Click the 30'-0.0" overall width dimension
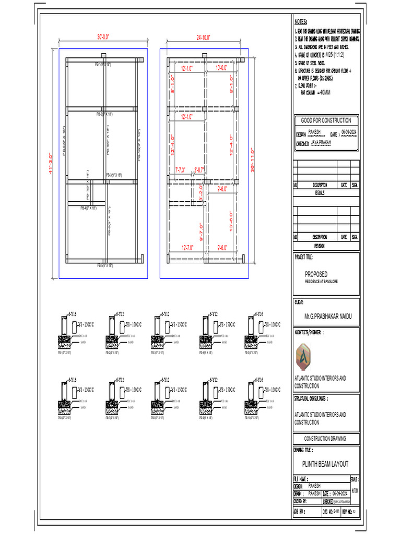tap(103, 37)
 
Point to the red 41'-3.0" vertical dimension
tap(51, 163)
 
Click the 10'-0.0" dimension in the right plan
tap(222, 68)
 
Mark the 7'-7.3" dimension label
tap(183, 169)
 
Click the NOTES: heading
tap(301, 22)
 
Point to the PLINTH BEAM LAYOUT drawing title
tap(325, 464)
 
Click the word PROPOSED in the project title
tap(316, 274)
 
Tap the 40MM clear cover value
tap(323, 92)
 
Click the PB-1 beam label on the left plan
tap(103, 65)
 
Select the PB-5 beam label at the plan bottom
tap(105, 266)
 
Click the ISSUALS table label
tap(319, 192)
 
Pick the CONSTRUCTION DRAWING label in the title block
tap(325, 439)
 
